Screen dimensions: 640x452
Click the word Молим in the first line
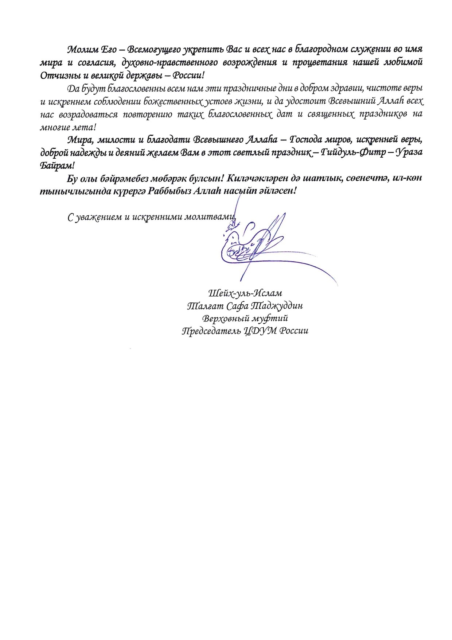coord(79,49)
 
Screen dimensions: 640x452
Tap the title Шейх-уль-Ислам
coord(245,293)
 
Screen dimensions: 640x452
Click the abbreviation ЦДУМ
coord(262,331)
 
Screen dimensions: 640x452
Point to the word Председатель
coord(211,331)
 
